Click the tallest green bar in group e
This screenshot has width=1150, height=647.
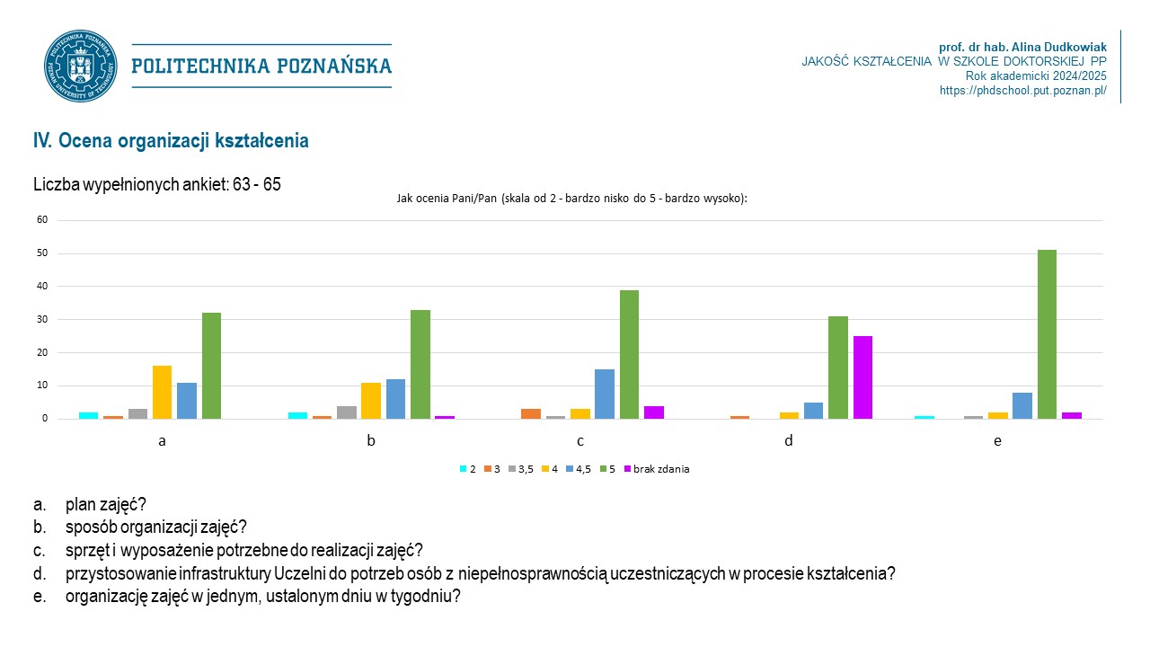[1047, 334]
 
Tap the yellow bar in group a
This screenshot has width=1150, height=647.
[162, 393]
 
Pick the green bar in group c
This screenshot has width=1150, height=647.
[629, 354]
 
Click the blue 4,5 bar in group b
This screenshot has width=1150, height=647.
[395, 399]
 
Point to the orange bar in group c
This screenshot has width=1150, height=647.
[531, 414]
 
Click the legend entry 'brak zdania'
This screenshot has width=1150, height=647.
[661, 469]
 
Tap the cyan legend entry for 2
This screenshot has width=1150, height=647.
[468, 469]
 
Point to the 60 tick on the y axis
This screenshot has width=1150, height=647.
[41, 220]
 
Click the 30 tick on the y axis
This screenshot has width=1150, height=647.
[41, 320]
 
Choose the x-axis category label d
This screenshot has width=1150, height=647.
[789, 441]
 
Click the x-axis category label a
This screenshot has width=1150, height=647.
[163, 441]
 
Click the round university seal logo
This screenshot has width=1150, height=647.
[80, 66]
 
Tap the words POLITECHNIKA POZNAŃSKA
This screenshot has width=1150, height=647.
[261, 66]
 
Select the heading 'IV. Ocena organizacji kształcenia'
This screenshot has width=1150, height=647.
[171, 141]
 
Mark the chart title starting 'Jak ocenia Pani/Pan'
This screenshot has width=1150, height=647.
[571, 199]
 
